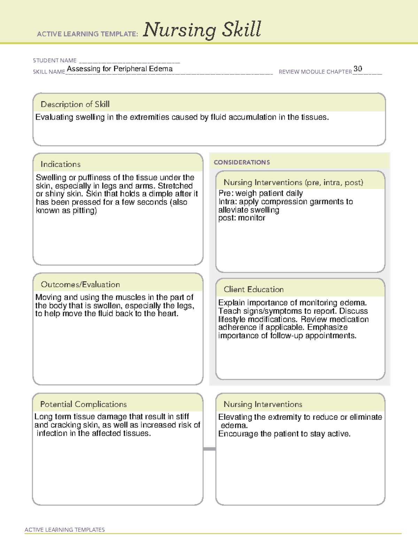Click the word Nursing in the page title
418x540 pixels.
click(x=180, y=30)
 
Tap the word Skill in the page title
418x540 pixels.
click(x=242, y=29)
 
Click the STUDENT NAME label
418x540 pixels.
click(x=55, y=61)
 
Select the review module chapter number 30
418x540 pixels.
click(x=358, y=68)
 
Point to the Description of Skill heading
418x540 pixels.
click(x=75, y=104)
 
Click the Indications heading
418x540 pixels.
click(x=60, y=164)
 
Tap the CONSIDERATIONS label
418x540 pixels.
click(x=242, y=162)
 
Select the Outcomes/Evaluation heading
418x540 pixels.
click(x=80, y=284)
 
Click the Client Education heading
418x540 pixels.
click(x=254, y=289)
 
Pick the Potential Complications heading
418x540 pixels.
click(x=83, y=404)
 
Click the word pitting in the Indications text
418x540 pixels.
click(x=84, y=211)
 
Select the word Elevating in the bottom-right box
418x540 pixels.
click(x=235, y=417)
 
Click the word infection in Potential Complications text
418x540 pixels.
click(x=52, y=434)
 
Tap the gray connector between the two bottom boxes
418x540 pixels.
click(x=209, y=449)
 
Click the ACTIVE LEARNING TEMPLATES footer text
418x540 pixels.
click(x=64, y=530)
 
